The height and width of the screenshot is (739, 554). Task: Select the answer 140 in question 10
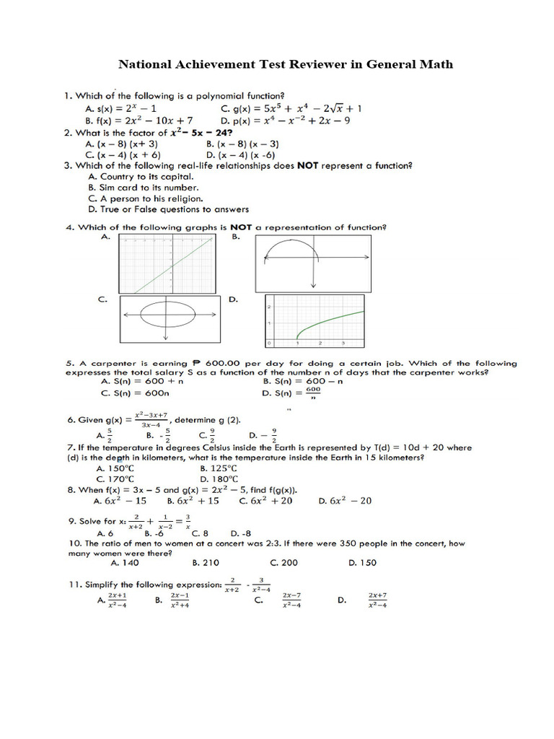pyautogui.click(x=124, y=563)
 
